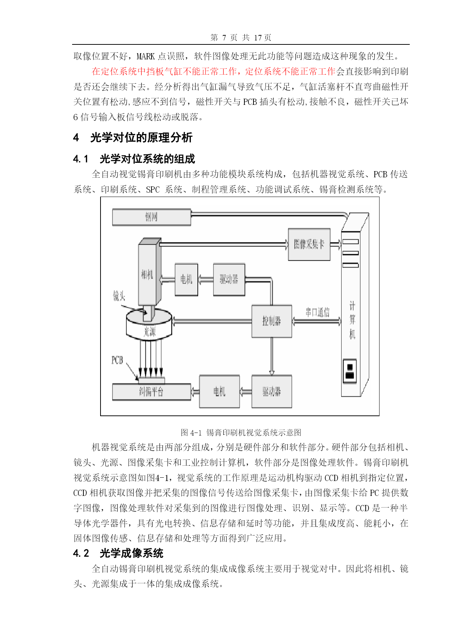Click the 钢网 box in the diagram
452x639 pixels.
pyautogui.click(x=152, y=217)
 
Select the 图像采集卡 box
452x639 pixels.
pyautogui.click(x=309, y=244)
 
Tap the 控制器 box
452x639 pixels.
pyautogui.click(x=272, y=321)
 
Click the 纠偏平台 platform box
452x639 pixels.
pyautogui.click(x=152, y=392)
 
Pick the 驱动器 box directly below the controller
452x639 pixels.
pyautogui.click(x=272, y=391)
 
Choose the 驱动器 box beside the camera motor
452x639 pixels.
pyautogui.click(x=229, y=279)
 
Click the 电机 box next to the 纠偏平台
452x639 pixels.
pyautogui.click(x=219, y=391)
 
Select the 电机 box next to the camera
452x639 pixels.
pyautogui.click(x=186, y=279)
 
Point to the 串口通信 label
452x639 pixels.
pyautogui.click(x=317, y=312)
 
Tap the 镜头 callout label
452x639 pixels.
pyautogui.click(x=119, y=296)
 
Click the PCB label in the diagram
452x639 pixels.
pyautogui.click(x=117, y=360)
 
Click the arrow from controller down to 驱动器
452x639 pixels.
pyautogui.click(x=272, y=356)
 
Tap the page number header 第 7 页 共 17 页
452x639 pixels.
pyautogui.click(x=241, y=38)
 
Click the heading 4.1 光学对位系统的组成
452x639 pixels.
pyautogui.click(x=134, y=159)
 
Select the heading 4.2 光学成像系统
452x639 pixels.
pyautogui.click(x=118, y=553)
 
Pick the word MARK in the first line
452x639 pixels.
pyautogui.click(x=146, y=56)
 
